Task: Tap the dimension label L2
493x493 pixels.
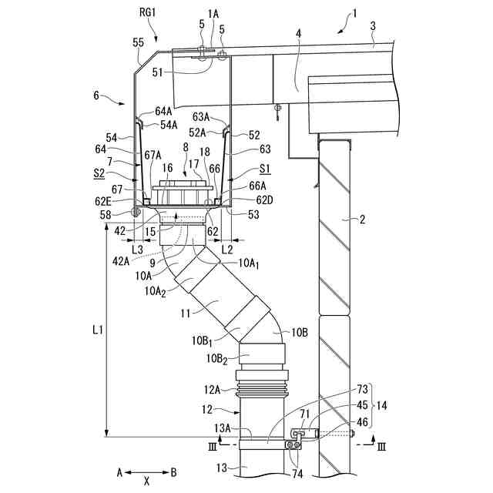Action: (227, 250)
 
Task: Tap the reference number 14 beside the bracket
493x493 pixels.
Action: (381, 405)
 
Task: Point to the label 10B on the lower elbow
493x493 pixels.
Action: (300, 333)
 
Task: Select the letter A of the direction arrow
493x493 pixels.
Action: (119, 471)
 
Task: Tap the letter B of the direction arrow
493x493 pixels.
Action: (174, 471)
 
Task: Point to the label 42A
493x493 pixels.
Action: (121, 262)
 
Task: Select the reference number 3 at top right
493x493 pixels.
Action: (373, 25)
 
